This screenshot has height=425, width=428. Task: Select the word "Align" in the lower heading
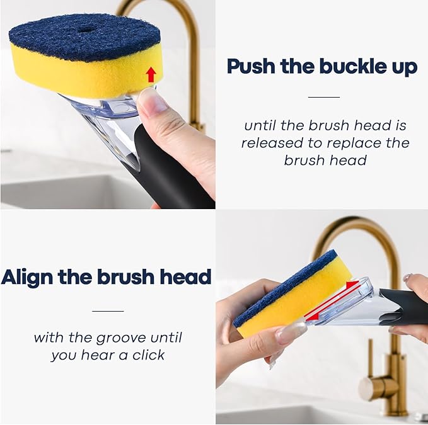tap(30, 276)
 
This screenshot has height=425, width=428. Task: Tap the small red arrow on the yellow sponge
tap(151, 75)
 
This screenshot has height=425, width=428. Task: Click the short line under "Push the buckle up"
tap(323, 98)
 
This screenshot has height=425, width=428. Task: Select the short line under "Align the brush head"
tap(108, 310)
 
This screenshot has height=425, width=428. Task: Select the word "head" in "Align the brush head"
tap(184, 276)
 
